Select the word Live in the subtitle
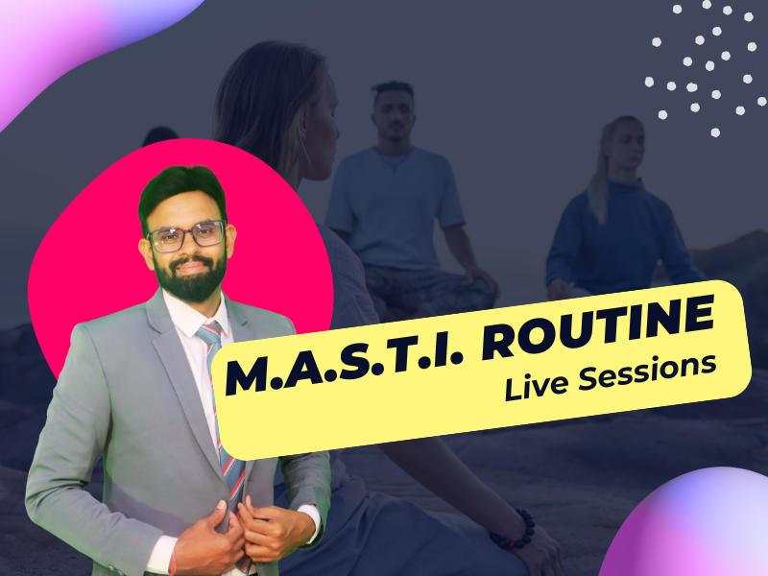coord(536,386)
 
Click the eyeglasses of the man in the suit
coord(186,236)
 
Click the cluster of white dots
coord(706,68)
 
